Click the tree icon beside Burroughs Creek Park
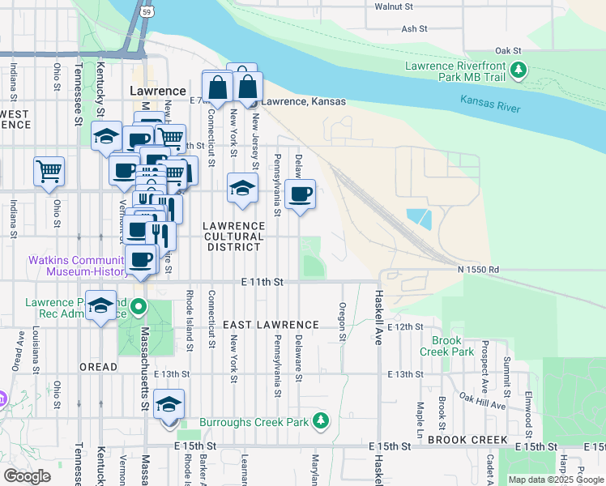[x=322, y=420]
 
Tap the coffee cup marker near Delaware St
[x=300, y=194]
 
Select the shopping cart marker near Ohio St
[x=49, y=172]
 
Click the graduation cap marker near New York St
[x=241, y=189]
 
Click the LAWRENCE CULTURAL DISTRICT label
[x=233, y=237]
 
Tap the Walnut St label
[x=394, y=6]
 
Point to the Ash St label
[x=413, y=28]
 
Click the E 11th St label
[x=262, y=281]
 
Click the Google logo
[x=27, y=476]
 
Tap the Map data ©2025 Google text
[x=556, y=480]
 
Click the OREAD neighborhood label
[x=98, y=367]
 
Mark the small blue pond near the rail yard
[x=419, y=217]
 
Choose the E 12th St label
[x=405, y=326]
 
